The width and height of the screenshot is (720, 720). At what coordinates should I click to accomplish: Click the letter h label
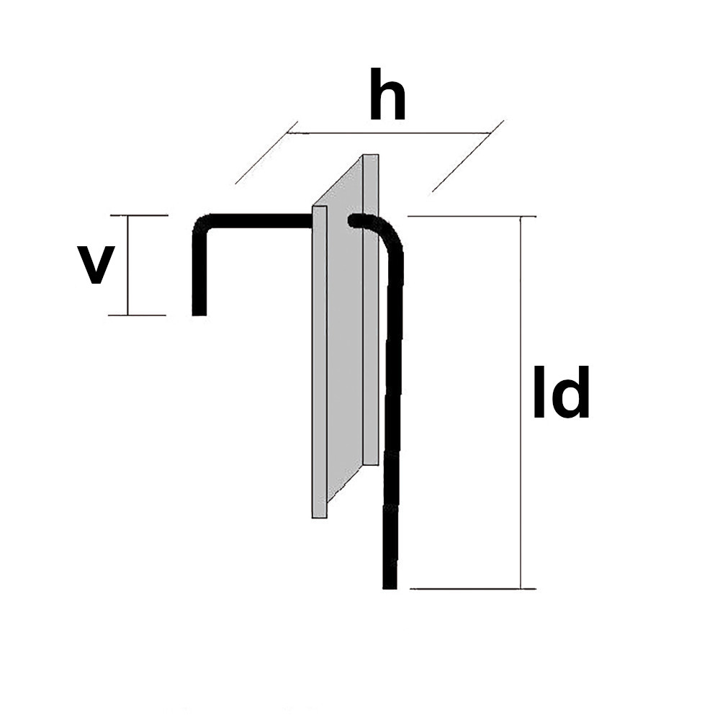(x=387, y=96)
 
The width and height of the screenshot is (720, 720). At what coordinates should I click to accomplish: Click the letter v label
(x=96, y=265)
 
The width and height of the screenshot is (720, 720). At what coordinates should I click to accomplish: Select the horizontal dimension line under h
(x=389, y=133)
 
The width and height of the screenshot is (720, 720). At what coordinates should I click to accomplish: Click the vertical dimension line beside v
(x=128, y=265)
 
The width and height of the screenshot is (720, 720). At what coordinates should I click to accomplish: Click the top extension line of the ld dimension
(x=472, y=216)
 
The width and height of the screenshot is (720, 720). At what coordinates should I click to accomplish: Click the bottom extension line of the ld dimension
(x=475, y=588)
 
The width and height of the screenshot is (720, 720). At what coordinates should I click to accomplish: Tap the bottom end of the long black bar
(x=390, y=583)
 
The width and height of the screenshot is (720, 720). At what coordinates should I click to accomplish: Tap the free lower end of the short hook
(x=199, y=310)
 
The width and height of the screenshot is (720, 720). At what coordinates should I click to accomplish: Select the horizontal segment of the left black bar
(x=259, y=220)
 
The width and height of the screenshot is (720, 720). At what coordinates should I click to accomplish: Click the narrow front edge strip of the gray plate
(x=320, y=360)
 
